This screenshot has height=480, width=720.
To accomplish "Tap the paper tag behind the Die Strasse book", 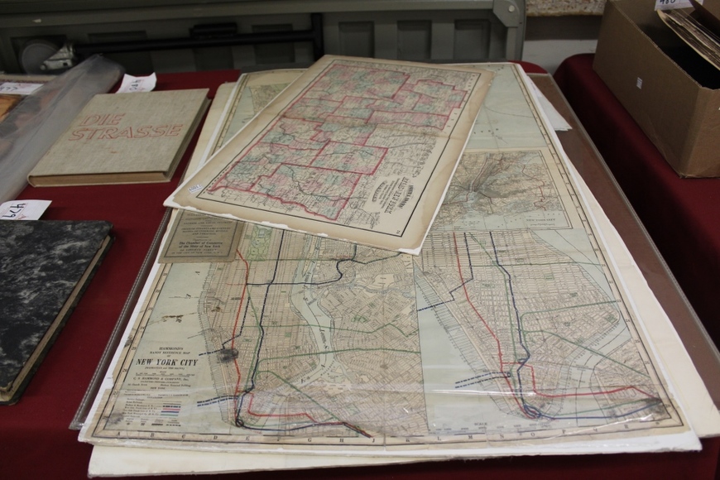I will (x=137, y=83).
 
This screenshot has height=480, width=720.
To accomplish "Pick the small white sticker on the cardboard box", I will (x=639, y=83).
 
